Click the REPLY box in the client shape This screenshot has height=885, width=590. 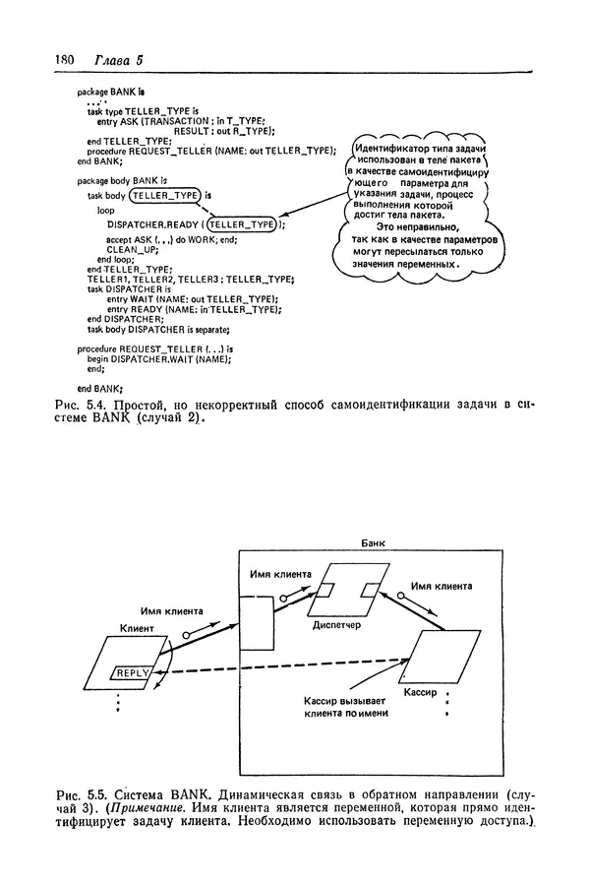[x=132, y=673]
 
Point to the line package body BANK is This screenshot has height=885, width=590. [x=122, y=181]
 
